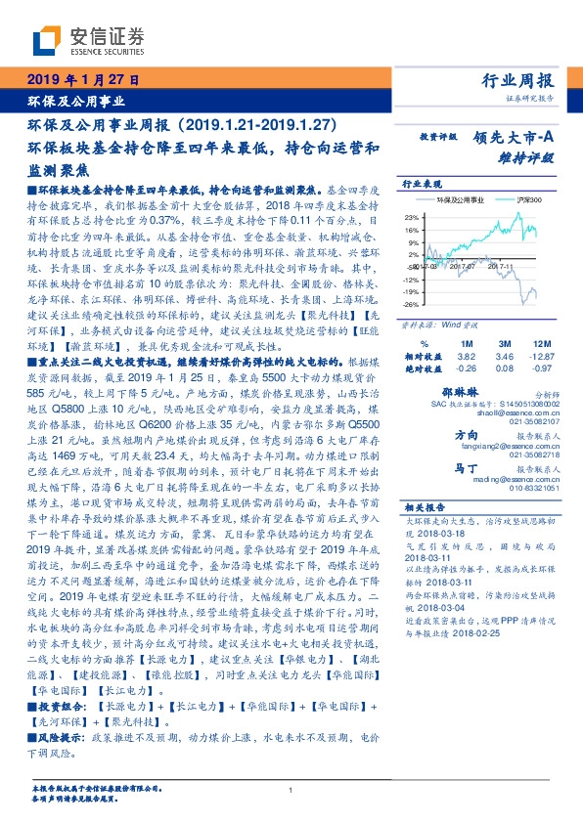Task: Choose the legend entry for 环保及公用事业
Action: tap(457, 199)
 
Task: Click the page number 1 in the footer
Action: tap(291, 791)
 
